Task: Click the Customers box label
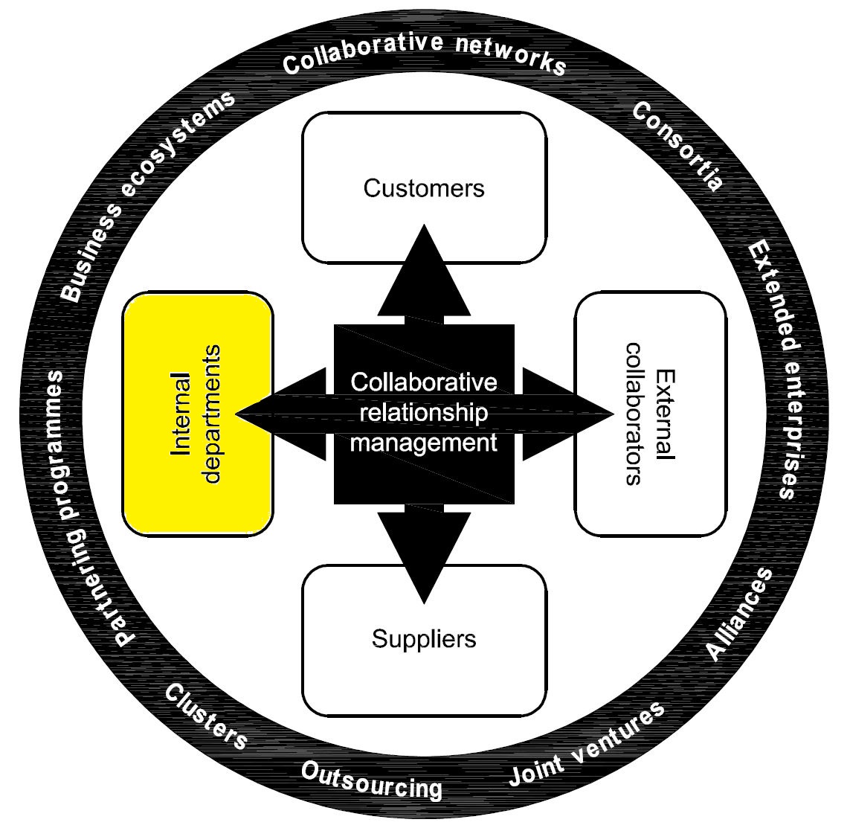[424, 188]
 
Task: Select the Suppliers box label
[424, 638]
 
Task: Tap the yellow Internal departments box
[198, 414]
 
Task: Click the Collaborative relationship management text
[424, 413]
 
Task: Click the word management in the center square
[424, 443]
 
